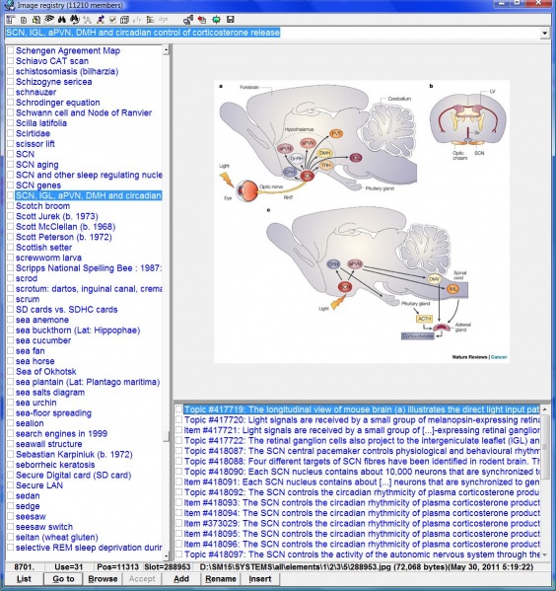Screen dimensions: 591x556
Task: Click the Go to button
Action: [63, 578]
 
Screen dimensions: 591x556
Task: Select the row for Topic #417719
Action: [365, 408]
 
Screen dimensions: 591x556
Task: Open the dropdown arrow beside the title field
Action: [545, 34]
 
